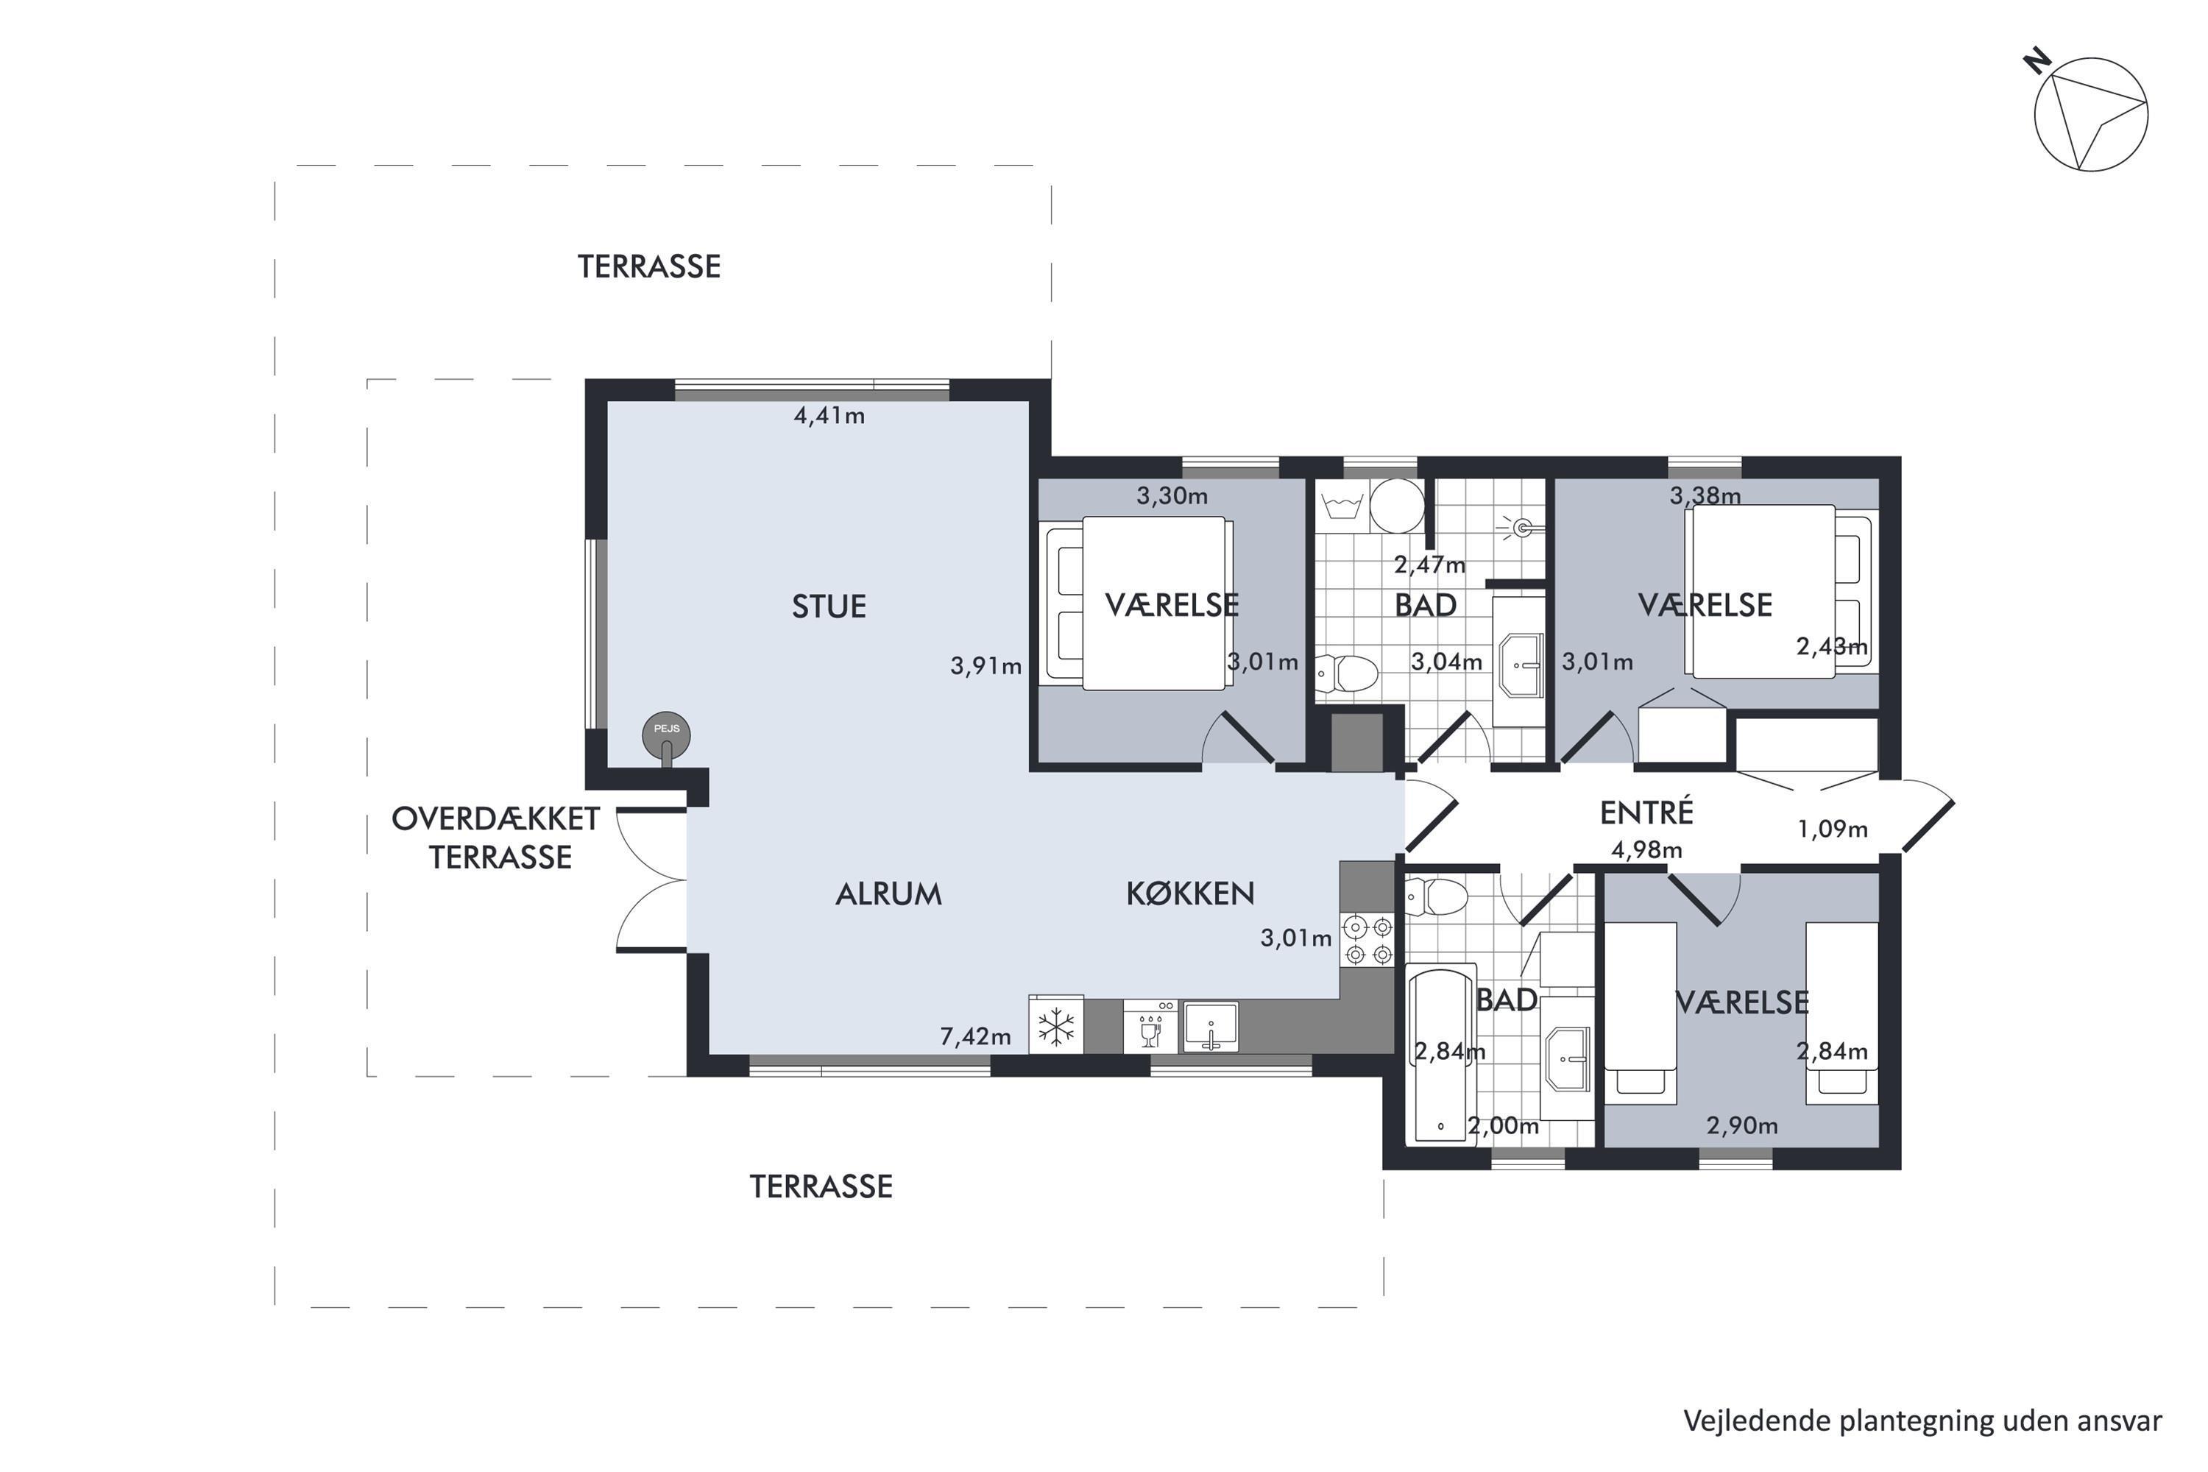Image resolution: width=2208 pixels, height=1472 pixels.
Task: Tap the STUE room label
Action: [829, 606]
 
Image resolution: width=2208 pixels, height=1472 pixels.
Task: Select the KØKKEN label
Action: [1190, 893]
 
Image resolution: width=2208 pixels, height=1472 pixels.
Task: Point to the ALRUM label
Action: [888, 894]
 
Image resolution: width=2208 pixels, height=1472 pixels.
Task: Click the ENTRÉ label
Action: [1646, 811]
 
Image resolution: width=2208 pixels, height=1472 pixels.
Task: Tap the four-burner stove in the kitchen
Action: [1367, 941]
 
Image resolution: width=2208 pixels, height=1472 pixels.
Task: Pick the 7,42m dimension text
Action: [975, 1036]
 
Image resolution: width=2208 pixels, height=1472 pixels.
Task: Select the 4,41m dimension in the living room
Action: [829, 415]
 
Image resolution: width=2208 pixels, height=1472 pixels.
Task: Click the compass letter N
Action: [2037, 63]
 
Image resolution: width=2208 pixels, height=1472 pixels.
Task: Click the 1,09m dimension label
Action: [1833, 829]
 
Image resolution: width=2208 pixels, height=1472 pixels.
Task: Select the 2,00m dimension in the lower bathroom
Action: [1503, 1125]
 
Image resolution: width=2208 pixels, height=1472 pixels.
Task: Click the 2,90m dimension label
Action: [1742, 1125]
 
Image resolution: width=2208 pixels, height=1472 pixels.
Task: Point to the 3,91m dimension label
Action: [986, 665]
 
